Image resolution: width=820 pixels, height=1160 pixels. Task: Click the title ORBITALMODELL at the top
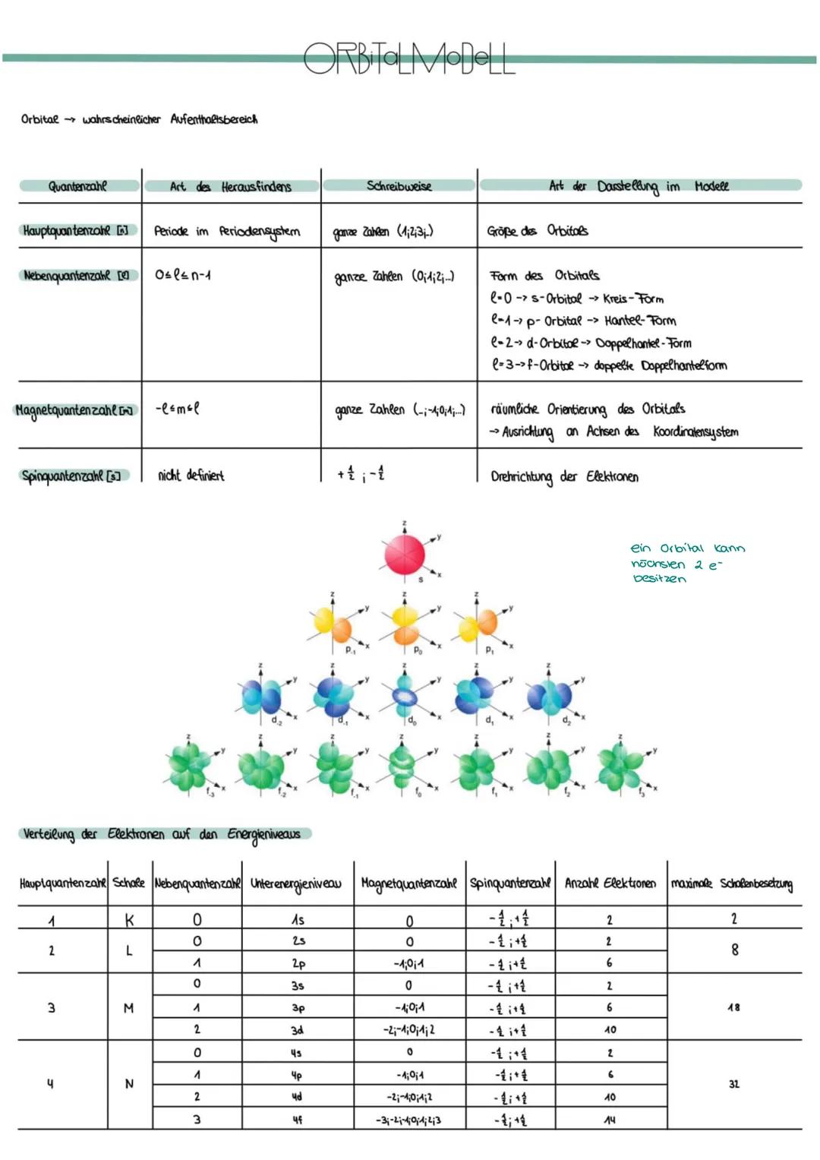(x=409, y=58)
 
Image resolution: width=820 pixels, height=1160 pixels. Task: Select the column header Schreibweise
(x=399, y=186)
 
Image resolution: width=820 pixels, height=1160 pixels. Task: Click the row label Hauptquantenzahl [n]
(x=76, y=230)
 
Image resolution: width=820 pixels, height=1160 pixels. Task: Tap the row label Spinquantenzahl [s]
(x=73, y=476)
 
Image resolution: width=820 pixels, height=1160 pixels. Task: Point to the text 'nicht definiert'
(x=191, y=476)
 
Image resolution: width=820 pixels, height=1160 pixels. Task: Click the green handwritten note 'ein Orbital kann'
(x=687, y=548)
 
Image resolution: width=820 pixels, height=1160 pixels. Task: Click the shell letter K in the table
(x=129, y=920)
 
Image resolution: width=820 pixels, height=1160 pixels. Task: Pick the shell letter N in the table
(x=129, y=1084)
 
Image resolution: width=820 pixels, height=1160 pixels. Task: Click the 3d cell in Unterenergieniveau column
(x=298, y=1030)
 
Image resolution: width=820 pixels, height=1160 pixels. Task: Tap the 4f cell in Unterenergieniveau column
(x=298, y=1119)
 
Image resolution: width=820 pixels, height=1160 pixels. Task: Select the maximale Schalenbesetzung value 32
(x=733, y=1084)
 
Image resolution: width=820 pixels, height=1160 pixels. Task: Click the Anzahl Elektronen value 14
(x=609, y=1120)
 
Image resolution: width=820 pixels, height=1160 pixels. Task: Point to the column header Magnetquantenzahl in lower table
(x=408, y=883)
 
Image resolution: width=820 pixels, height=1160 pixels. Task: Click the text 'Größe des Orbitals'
(x=538, y=230)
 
